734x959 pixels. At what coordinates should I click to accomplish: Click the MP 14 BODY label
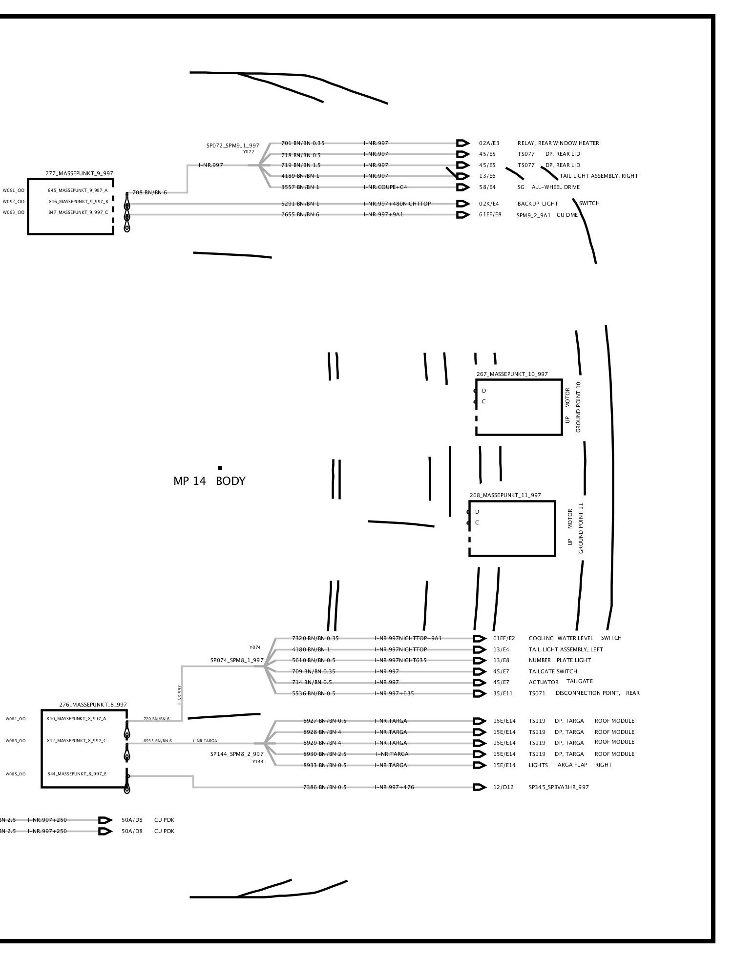209,481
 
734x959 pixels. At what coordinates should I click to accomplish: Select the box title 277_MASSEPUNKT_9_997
80,173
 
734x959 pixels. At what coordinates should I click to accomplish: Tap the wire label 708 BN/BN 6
149,192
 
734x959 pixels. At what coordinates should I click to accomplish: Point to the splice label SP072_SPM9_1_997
232,146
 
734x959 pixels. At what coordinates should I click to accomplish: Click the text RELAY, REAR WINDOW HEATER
558,143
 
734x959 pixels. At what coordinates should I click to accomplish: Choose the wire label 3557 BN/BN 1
300,187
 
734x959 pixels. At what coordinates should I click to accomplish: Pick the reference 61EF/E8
490,214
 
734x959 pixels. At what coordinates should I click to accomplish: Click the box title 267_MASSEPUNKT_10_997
512,374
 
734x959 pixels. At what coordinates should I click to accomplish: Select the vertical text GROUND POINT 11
581,528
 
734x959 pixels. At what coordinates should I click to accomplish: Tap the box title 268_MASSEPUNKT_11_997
505,495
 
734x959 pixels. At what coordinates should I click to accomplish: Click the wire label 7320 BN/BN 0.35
315,638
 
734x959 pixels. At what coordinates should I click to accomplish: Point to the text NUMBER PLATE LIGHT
559,660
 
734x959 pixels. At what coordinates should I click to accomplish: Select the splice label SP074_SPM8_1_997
237,660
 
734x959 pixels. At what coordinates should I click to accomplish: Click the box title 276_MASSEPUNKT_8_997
93,705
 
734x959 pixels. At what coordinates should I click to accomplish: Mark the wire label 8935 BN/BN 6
157,741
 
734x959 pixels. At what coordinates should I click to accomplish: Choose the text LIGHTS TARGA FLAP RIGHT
569,765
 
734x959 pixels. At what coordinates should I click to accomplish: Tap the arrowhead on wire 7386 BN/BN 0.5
480,787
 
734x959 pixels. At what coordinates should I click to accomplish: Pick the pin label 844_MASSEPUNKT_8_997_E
77,774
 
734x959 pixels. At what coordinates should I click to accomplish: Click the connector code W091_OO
14,190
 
